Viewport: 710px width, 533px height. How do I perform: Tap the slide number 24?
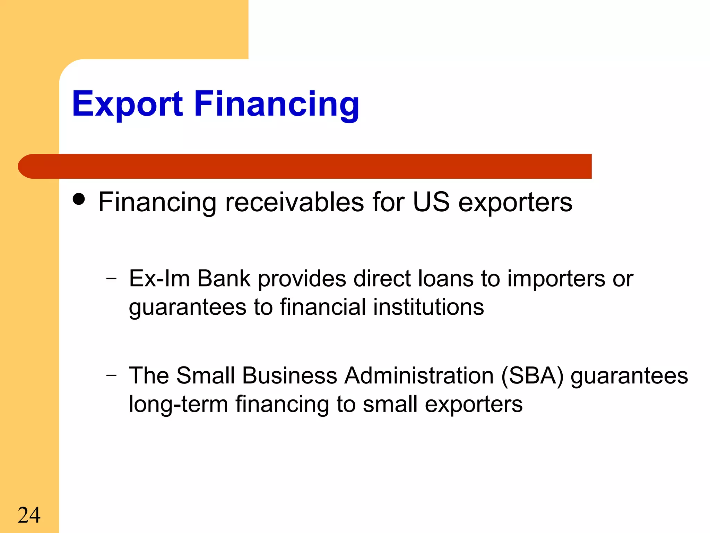[x=29, y=515]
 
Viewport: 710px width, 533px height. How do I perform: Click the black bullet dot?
[x=79, y=199]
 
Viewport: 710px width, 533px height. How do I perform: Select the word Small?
[x=205, y=375]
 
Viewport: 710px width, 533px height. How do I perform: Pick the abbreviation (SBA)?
[x=532, y=376]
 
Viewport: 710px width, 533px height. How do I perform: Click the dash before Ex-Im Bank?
[x=111, y=278]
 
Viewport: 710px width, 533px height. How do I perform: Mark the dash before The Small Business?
[x=111, y=375]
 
